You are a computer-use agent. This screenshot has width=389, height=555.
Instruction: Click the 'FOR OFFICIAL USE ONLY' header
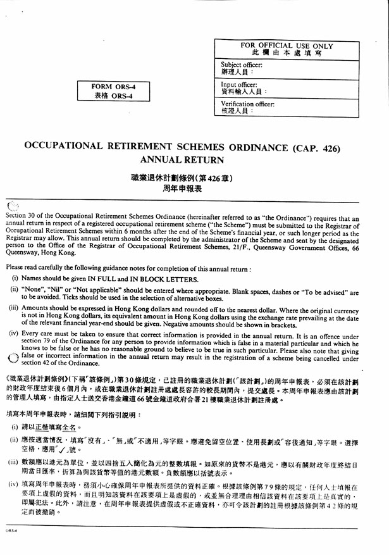pyautogui.click(x=287, y=46)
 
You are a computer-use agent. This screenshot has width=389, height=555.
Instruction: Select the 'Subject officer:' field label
pyautogui.click(x=242, y=65)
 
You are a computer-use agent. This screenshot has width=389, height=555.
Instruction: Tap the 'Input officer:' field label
pyautogui.click(x=240, y=84)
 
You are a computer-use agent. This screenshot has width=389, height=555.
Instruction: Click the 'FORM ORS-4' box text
pyautogui.click(x=114, y=87)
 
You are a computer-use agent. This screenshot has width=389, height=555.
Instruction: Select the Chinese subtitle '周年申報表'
pyautogui.click(x=182, y=189)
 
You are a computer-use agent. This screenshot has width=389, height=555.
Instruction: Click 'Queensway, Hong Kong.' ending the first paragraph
pyautogui.click(x=40, y=251)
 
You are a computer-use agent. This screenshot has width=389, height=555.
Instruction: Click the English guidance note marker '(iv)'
pyautogui.click(x=13, y=333)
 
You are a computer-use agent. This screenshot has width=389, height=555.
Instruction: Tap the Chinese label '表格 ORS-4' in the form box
pyautogui.click(x=114, y=96)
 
